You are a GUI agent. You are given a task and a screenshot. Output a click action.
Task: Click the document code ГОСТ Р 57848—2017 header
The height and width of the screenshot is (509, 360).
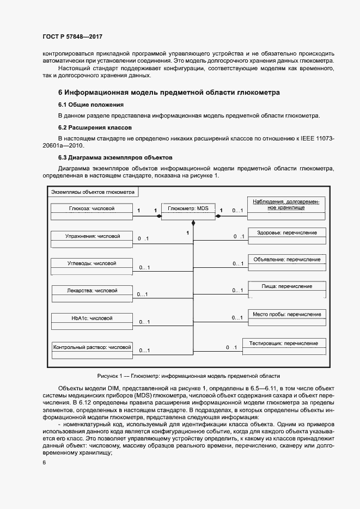pyautogui.click(x=72, y=37)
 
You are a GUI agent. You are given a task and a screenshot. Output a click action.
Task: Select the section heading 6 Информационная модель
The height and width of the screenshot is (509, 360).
pyautogui.click(x=169, y=93)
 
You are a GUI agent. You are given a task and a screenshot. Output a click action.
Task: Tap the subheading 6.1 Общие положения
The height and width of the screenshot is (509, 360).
pyautogui.click(x=91, y=105)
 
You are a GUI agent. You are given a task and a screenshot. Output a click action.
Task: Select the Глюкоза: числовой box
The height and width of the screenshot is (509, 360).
pyautogui.click(x=91, y=212)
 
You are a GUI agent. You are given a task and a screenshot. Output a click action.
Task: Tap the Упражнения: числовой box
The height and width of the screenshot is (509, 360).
pyautogui.click(x=91, y=240)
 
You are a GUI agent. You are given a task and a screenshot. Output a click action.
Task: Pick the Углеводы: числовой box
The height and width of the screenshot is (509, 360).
pyautogui.click(x=91, y=267)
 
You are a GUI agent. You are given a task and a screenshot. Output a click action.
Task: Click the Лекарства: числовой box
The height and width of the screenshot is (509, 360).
pyautogui.click(x=92, y=294)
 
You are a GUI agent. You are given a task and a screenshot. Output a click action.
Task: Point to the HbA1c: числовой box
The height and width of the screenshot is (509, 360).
pyautogui.click(x=91, y=321)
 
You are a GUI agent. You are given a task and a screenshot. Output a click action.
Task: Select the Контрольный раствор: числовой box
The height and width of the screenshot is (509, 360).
pyautogui.click(x=92, y=349)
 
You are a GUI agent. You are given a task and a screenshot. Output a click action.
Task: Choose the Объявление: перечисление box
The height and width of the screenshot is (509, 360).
pyautogui.click(x=286, y=263)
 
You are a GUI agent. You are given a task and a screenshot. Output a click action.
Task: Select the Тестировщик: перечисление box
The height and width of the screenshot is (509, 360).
pyautogui.click(x=284, y=347)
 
